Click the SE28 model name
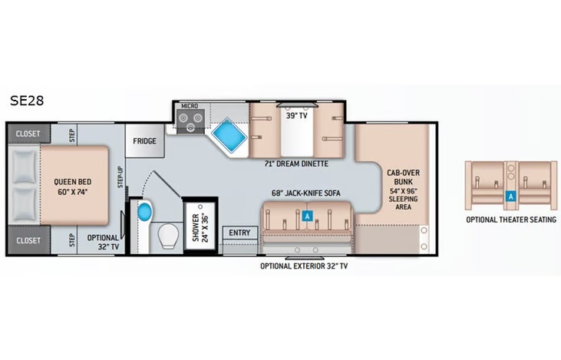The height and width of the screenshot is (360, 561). [x=27, y=101]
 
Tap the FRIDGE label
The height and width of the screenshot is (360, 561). [x=144, y=141]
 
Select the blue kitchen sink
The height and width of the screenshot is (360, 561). [x=229, y=135]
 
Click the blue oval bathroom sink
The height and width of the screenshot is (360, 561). [x=145, y=212]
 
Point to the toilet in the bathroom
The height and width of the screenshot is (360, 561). [x=168, y=236]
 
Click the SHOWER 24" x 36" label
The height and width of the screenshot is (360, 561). [x=200, y=228]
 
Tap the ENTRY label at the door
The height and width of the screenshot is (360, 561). [x=239, y=233]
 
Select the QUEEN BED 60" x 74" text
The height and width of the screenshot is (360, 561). [x=73, y=187]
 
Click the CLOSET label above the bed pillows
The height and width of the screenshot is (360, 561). [x=28, y=134]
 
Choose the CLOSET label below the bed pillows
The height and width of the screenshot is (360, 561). [x=28, y=240]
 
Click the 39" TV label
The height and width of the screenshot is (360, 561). [x=296, y=116]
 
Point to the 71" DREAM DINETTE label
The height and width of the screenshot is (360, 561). [x=296, y=164]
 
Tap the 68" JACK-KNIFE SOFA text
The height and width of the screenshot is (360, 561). [x=306, y=193]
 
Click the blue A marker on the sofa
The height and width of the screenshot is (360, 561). [x=307, y=216]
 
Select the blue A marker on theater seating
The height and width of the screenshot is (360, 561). [x=510, y=196]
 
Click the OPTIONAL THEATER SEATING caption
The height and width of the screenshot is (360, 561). [x=511, y=220]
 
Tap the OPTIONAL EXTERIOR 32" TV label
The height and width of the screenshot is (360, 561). [x=304, y=266]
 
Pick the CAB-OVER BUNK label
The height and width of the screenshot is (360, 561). [x=403, y=177]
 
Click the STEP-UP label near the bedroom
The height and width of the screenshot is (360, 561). [x=120, y=177]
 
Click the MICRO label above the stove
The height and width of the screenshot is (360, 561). [x=190, y=106]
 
